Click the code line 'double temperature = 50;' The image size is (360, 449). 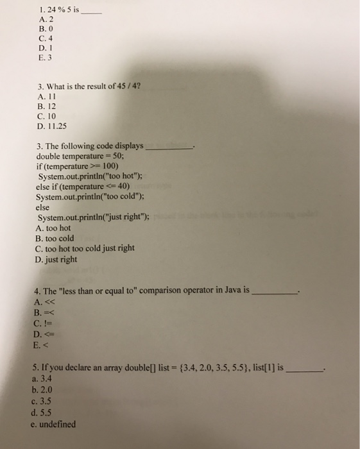coord(79,156)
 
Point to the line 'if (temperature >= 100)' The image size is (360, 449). coord(77,166)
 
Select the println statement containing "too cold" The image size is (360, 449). coord(94,197)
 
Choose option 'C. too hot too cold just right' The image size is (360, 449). coord(85,249)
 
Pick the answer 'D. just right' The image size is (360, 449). coord(56,260)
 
